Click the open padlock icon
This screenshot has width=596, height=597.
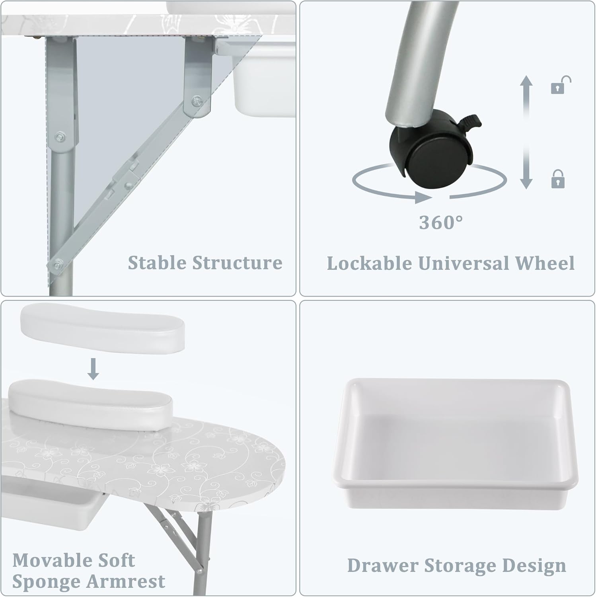[561, 85]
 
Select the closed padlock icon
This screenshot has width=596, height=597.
[558, 179]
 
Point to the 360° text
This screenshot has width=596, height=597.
[441, 222]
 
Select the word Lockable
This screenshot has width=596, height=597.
[369, 263]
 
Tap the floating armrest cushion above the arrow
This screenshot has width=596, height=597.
[102, 326]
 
